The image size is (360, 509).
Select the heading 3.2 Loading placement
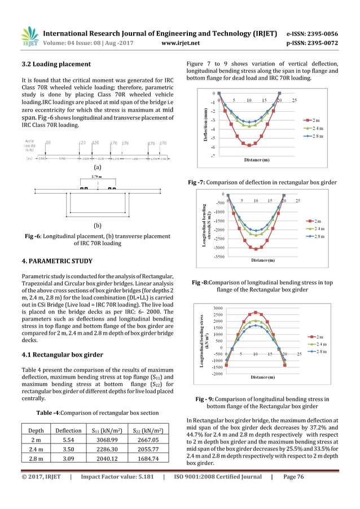55,64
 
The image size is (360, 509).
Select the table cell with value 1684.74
148,459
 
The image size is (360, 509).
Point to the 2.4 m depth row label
37,449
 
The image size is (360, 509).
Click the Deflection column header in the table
68,429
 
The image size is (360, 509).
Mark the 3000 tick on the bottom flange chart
218,308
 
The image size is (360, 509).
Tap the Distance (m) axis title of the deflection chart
256,160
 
